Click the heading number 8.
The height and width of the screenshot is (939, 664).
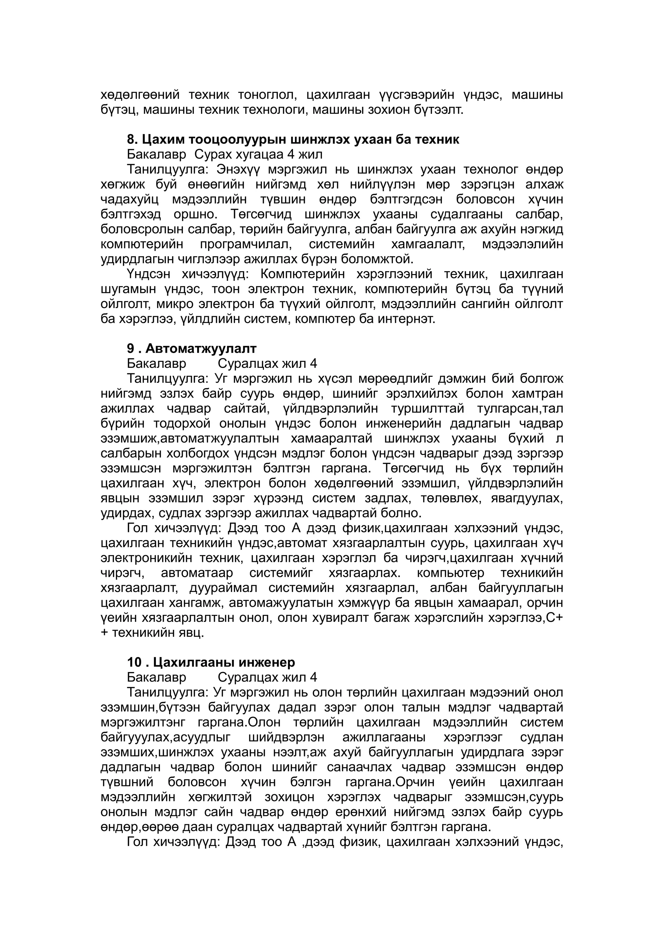pos(132,139)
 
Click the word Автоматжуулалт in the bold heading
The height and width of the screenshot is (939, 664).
pos(201,348)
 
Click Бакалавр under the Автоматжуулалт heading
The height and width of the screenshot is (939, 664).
pos(156,364)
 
